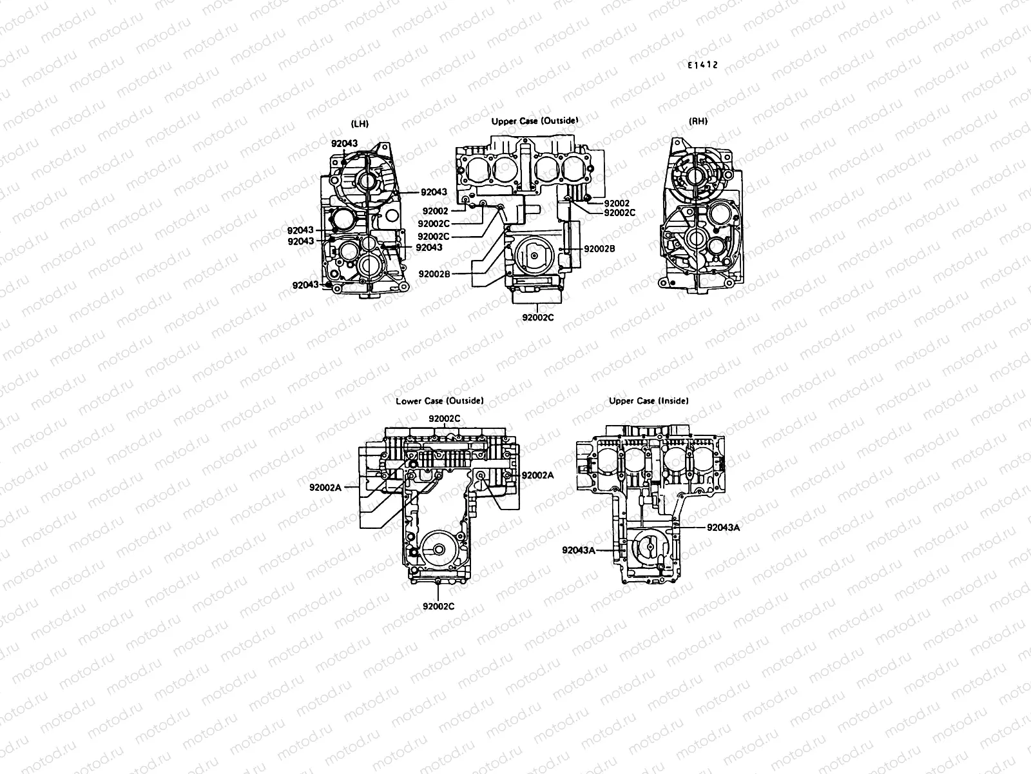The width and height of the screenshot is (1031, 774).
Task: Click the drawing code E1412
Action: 702,65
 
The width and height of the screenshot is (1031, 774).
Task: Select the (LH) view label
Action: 360,123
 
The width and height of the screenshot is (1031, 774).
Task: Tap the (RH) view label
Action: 698,121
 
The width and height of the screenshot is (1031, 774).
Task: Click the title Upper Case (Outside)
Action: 534,121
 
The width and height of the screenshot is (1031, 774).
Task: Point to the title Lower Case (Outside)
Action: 439,401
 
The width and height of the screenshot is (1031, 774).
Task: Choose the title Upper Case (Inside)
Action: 648,401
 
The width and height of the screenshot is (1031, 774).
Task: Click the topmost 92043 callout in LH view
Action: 344,143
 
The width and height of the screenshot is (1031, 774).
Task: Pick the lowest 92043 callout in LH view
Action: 305,284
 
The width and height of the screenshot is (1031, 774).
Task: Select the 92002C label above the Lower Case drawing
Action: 445,419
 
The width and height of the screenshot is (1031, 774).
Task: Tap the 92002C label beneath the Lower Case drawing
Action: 438,606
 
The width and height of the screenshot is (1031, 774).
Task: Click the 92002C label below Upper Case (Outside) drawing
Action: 537,317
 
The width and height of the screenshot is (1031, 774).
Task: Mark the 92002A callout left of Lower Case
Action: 325,488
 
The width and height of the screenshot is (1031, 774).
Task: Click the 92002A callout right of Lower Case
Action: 537,475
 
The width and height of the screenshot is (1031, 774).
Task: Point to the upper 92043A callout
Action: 723,527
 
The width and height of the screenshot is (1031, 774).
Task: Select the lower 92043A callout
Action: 578,550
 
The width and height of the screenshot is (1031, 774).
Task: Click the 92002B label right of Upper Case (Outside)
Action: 599,248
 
